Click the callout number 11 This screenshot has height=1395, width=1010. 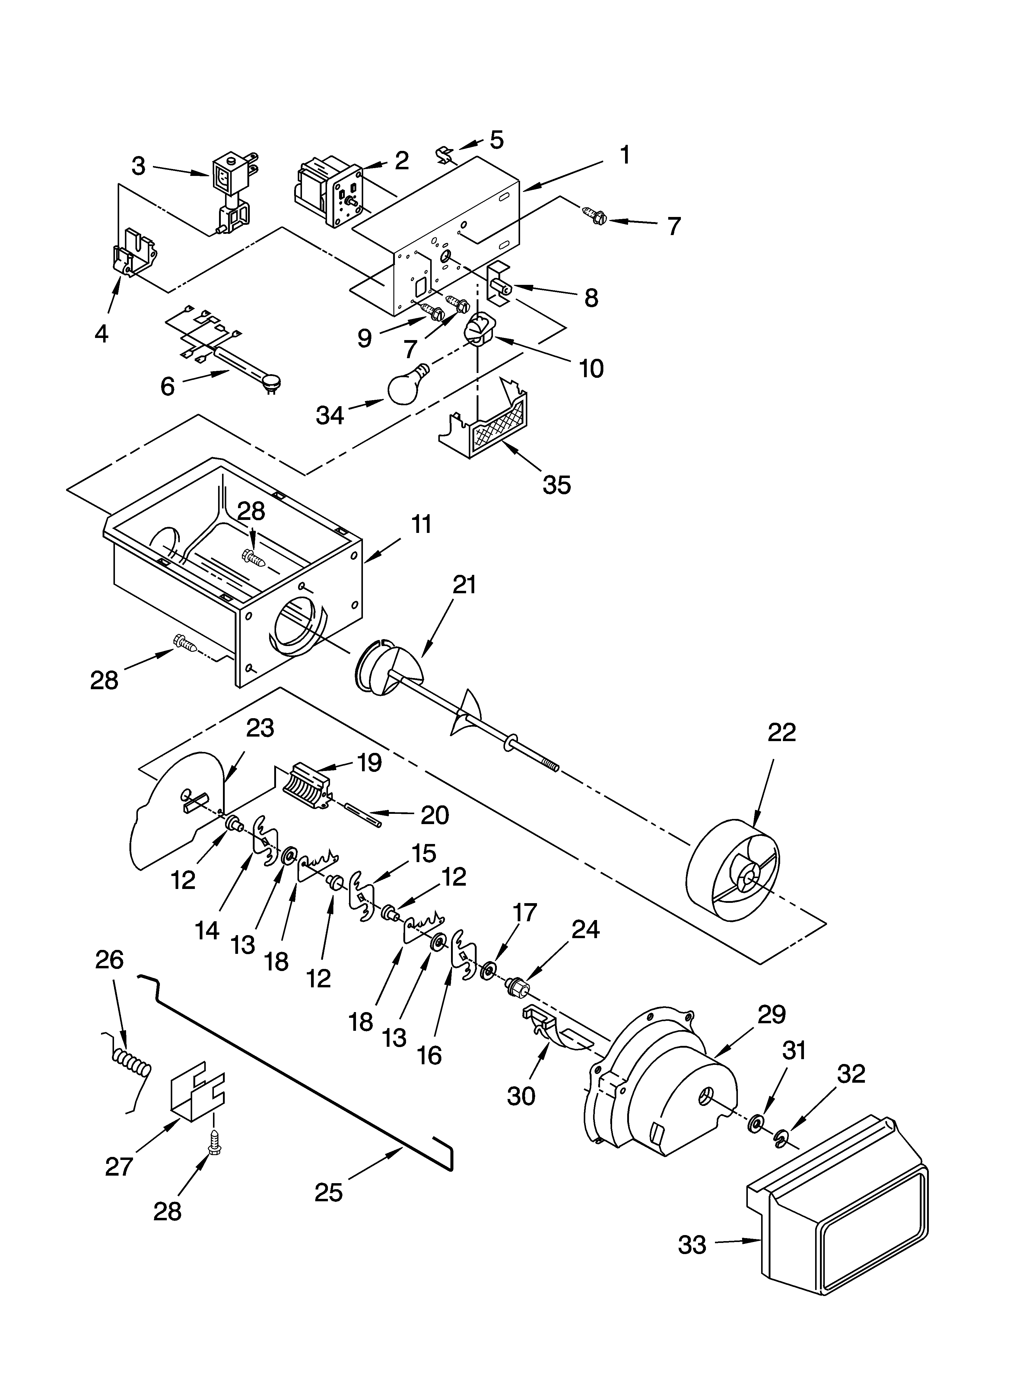pyautogui.click(x=421, y=525)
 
